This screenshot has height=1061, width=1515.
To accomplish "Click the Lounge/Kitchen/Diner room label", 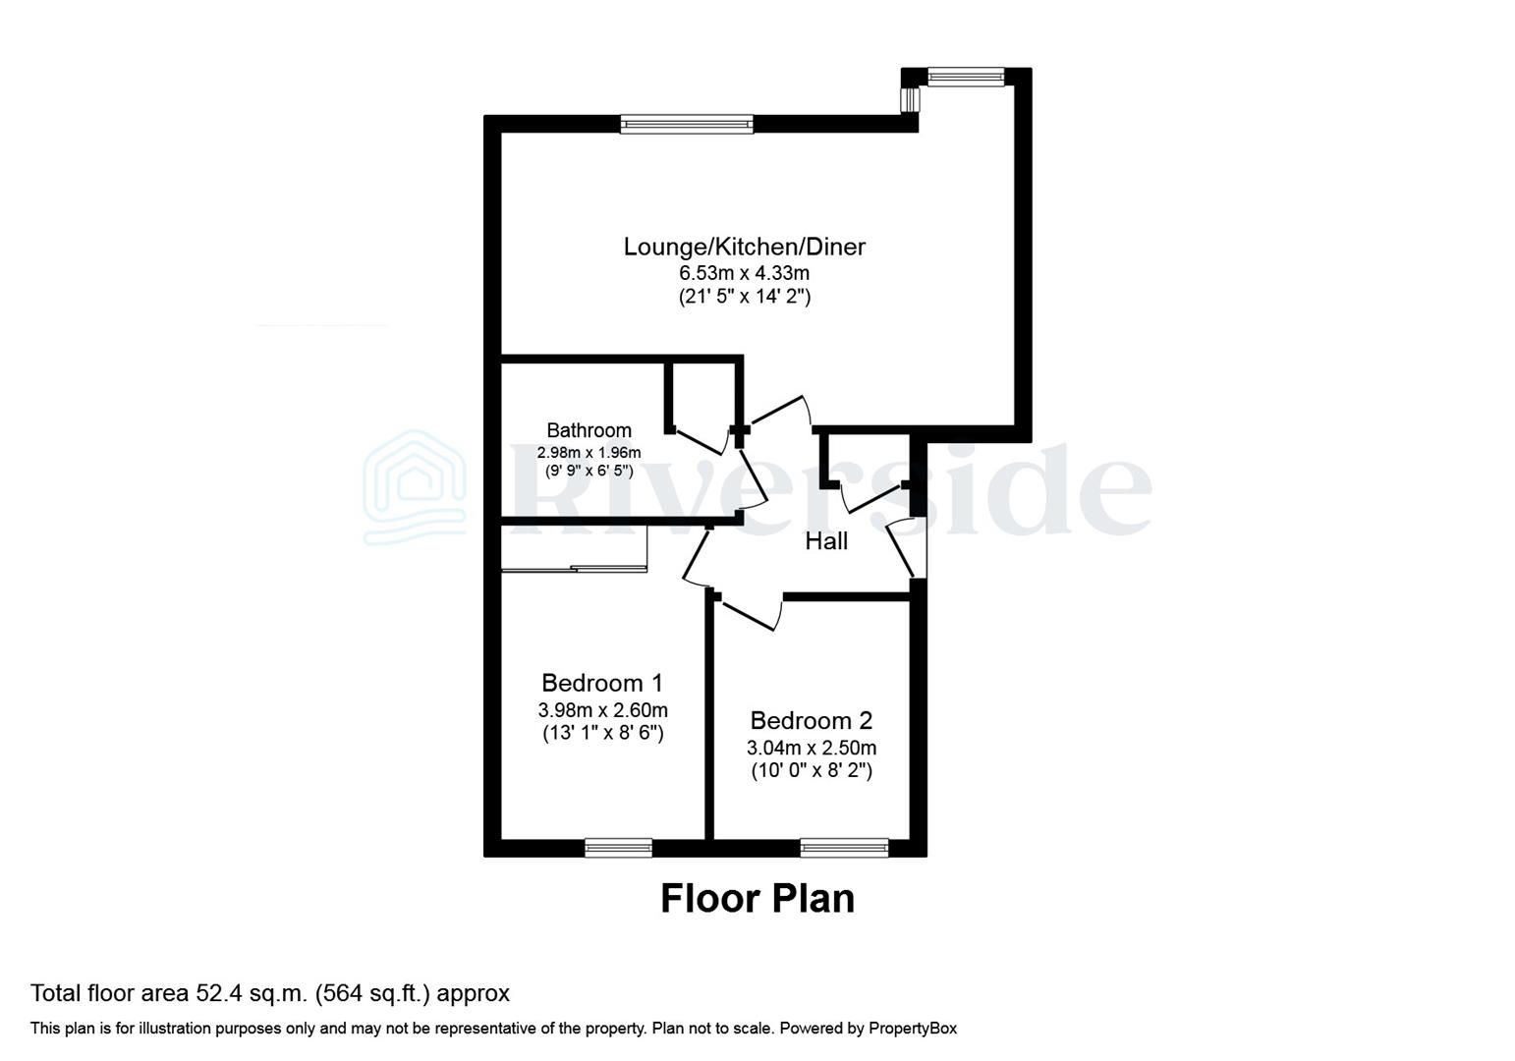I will [744, 247].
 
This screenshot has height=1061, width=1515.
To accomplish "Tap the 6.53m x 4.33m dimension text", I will [744, 273].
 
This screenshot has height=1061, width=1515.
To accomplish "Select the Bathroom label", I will [589, 430].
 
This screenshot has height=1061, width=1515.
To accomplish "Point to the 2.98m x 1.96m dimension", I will [589, 453].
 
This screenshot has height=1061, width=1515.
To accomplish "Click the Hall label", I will [826, 541].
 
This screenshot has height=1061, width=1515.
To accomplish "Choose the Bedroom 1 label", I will [602, 683].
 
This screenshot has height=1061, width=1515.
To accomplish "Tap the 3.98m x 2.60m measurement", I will [602, 710].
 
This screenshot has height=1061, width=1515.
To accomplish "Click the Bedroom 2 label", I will [811, 721].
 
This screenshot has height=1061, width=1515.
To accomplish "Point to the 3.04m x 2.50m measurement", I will [811, 748].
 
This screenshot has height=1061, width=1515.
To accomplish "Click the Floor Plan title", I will [757, 899].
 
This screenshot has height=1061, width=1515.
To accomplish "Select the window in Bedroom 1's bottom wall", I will [618, 847].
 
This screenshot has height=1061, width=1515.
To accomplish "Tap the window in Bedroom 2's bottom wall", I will [844, 847].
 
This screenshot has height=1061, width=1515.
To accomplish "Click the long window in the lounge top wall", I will [687, 124].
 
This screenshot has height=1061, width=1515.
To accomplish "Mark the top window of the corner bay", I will [966, 77].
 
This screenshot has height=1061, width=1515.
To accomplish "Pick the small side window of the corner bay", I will [911, 100].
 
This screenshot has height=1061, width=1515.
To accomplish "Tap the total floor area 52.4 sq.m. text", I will [270, 993].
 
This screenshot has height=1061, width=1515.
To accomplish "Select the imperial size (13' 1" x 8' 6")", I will [602, 733].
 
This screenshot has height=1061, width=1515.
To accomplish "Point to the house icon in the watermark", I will [415, 487].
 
